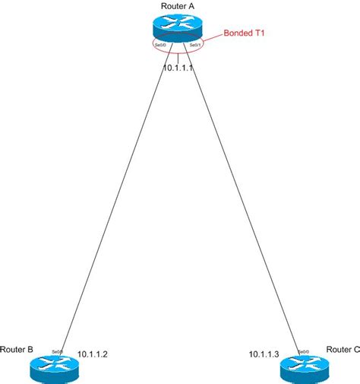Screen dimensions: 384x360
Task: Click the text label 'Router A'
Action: click(x=178, y=6)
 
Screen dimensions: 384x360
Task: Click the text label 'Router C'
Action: click(x=343, y=350)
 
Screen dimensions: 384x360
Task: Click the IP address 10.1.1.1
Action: click(x=179, y=68)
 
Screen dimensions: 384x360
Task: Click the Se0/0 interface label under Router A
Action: click(x=161, y=46)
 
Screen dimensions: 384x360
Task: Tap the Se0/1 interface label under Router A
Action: click(x=195, y=46)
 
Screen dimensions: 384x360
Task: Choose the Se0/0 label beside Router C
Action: click(x=302, y=351)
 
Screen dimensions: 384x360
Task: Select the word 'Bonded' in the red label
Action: click(x=235, y=34)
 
